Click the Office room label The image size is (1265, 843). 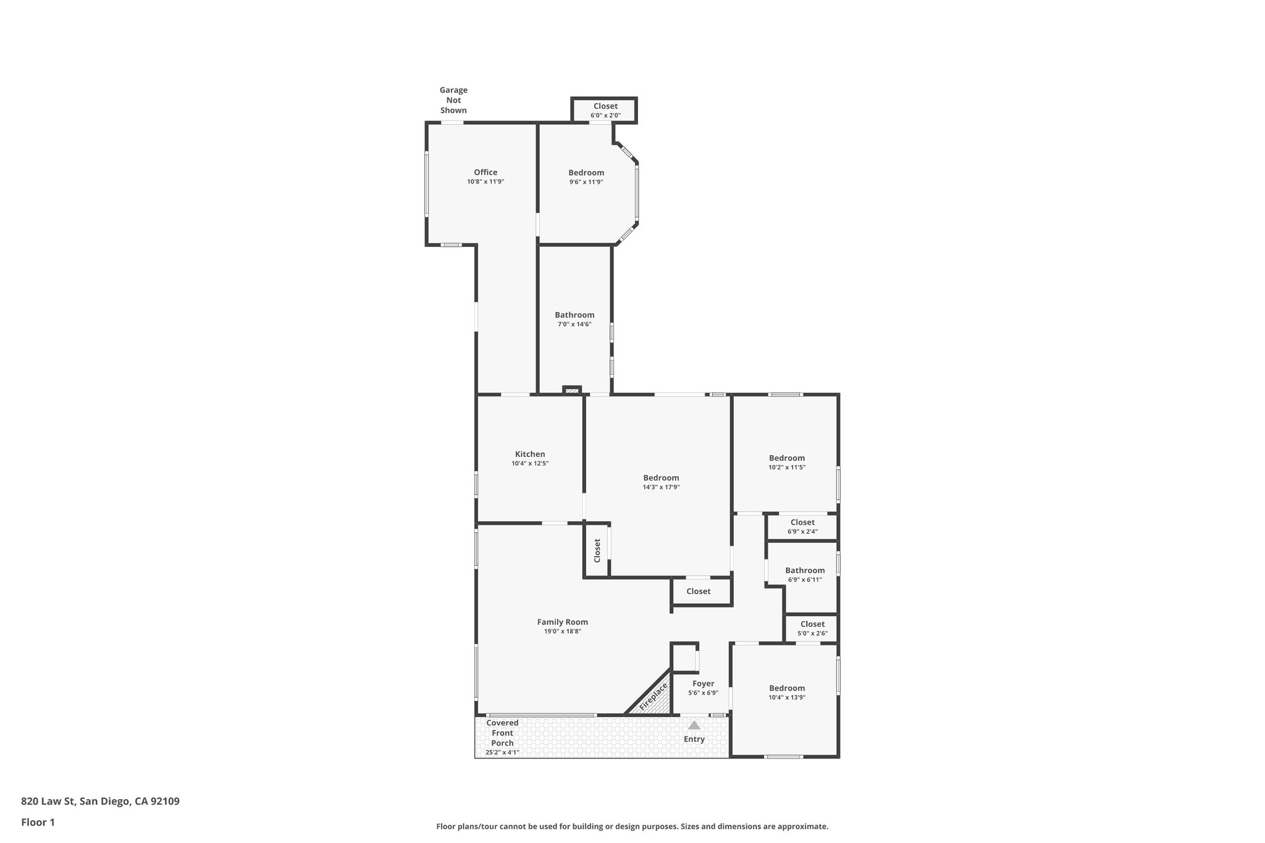coord(485,172)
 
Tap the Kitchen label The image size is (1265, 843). coord(530,454)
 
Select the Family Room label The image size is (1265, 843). coord(562,622)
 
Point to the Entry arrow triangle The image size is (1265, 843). coord(694,725)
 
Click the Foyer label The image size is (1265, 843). coord(703,684)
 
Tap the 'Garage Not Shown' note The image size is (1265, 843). coord(453,100)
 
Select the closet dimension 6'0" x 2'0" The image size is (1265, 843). coord(605,115)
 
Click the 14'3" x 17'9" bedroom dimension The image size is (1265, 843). coord(661,487)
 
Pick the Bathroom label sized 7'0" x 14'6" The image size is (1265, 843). coord(574,315)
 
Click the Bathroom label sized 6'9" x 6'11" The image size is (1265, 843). coord(805,570)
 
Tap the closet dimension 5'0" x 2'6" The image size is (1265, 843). coord(812,634)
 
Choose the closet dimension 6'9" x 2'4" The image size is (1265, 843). coord(802,532)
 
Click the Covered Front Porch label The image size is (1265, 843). coord(502,733)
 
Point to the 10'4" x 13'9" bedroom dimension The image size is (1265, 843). coord(787,697)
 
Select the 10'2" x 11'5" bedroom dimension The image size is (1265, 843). coord(787,468)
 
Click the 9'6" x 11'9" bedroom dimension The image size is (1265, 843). coord(586,182)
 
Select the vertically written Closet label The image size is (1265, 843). coord(597,550)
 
